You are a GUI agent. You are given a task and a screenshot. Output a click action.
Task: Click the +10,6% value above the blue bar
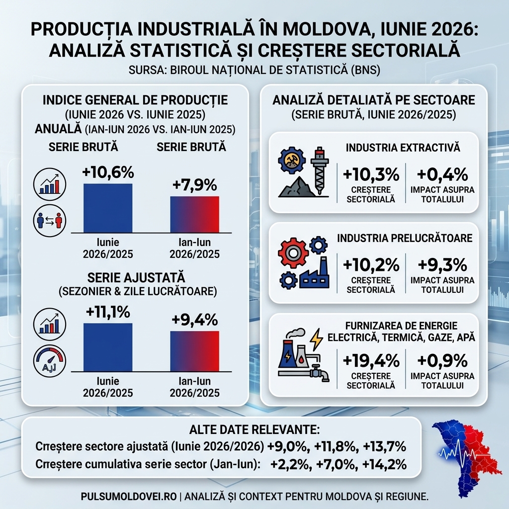pyautogui.click(x=108, y=172)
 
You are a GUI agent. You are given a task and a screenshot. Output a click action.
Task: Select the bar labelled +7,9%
pyautogui.click(x=194, y=214)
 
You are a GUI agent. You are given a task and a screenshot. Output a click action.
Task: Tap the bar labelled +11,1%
pyautogui.click(x=108, y=347)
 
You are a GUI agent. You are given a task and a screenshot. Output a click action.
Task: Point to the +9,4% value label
pyautogui.click(x=194, y=320)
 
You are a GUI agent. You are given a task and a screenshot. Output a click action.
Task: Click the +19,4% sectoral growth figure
pyautogui.click(x=371, y=361)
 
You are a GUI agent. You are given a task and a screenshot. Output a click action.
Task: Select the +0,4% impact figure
pyautogui.click(x=442, y=174)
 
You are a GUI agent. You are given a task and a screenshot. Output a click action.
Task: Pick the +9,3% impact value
pyautogui.click(x=442, y=265)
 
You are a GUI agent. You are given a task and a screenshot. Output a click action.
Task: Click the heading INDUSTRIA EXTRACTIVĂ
pyautogui.click(x=403, y=148)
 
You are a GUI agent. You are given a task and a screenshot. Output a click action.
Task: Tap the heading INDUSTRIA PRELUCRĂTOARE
pyautogui.click(x=405, y=238)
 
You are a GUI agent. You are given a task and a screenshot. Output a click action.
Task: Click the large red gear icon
pyautogui.click(x=292, y=253)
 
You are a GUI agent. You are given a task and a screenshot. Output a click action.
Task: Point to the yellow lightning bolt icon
pyautogui.click(x=316, y=339)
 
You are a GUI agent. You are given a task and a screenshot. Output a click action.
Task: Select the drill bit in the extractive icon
pyautogui.click(x=320, y=170)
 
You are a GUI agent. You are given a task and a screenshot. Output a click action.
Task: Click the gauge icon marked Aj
pyautogui.click(x=50, y=361)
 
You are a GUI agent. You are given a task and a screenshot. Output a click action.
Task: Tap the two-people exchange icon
pyautogui.click(x=50, y=220)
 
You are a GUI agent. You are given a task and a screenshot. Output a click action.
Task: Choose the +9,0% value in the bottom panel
pyautogui.click(x=288, y=447)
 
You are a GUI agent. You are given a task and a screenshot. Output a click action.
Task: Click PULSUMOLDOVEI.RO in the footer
pyautogui.click(x=129, y=497)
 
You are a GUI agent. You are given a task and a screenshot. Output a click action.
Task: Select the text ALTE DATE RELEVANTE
pyautogui.click(x=254, y=429)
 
